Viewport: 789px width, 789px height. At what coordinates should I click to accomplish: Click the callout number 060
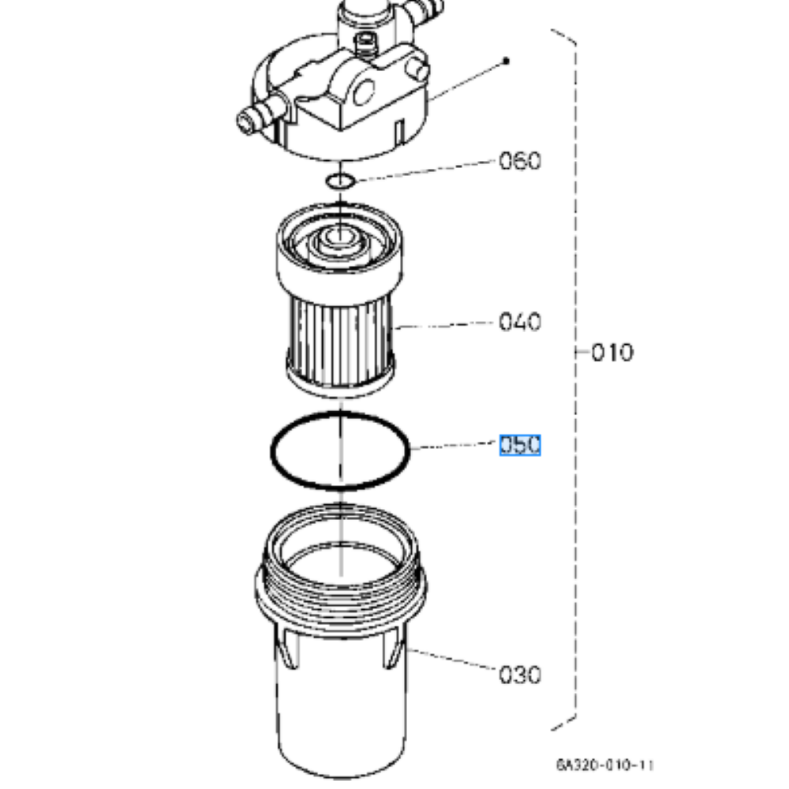[520, 161]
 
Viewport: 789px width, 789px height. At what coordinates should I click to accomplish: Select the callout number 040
[520, 322]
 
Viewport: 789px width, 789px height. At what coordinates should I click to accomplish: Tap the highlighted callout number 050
[520, 445]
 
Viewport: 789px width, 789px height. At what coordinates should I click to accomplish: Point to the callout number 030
[520, 675]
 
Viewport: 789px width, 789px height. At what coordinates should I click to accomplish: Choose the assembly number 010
[612, 352]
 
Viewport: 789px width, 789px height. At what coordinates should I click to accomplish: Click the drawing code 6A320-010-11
[605, 765]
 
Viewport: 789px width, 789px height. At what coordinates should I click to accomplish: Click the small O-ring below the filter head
[340, 181]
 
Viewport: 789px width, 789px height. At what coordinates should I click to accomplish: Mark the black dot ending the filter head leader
[507, 61]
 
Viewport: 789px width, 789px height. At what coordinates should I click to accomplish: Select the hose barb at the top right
[425, 8]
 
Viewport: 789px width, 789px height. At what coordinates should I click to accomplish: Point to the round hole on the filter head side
[364, 92]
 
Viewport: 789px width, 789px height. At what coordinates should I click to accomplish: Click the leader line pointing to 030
[451, 659]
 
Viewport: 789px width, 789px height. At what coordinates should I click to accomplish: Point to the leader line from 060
[425, 170]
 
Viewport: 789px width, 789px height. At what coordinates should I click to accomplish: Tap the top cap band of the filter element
[339, 282]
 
